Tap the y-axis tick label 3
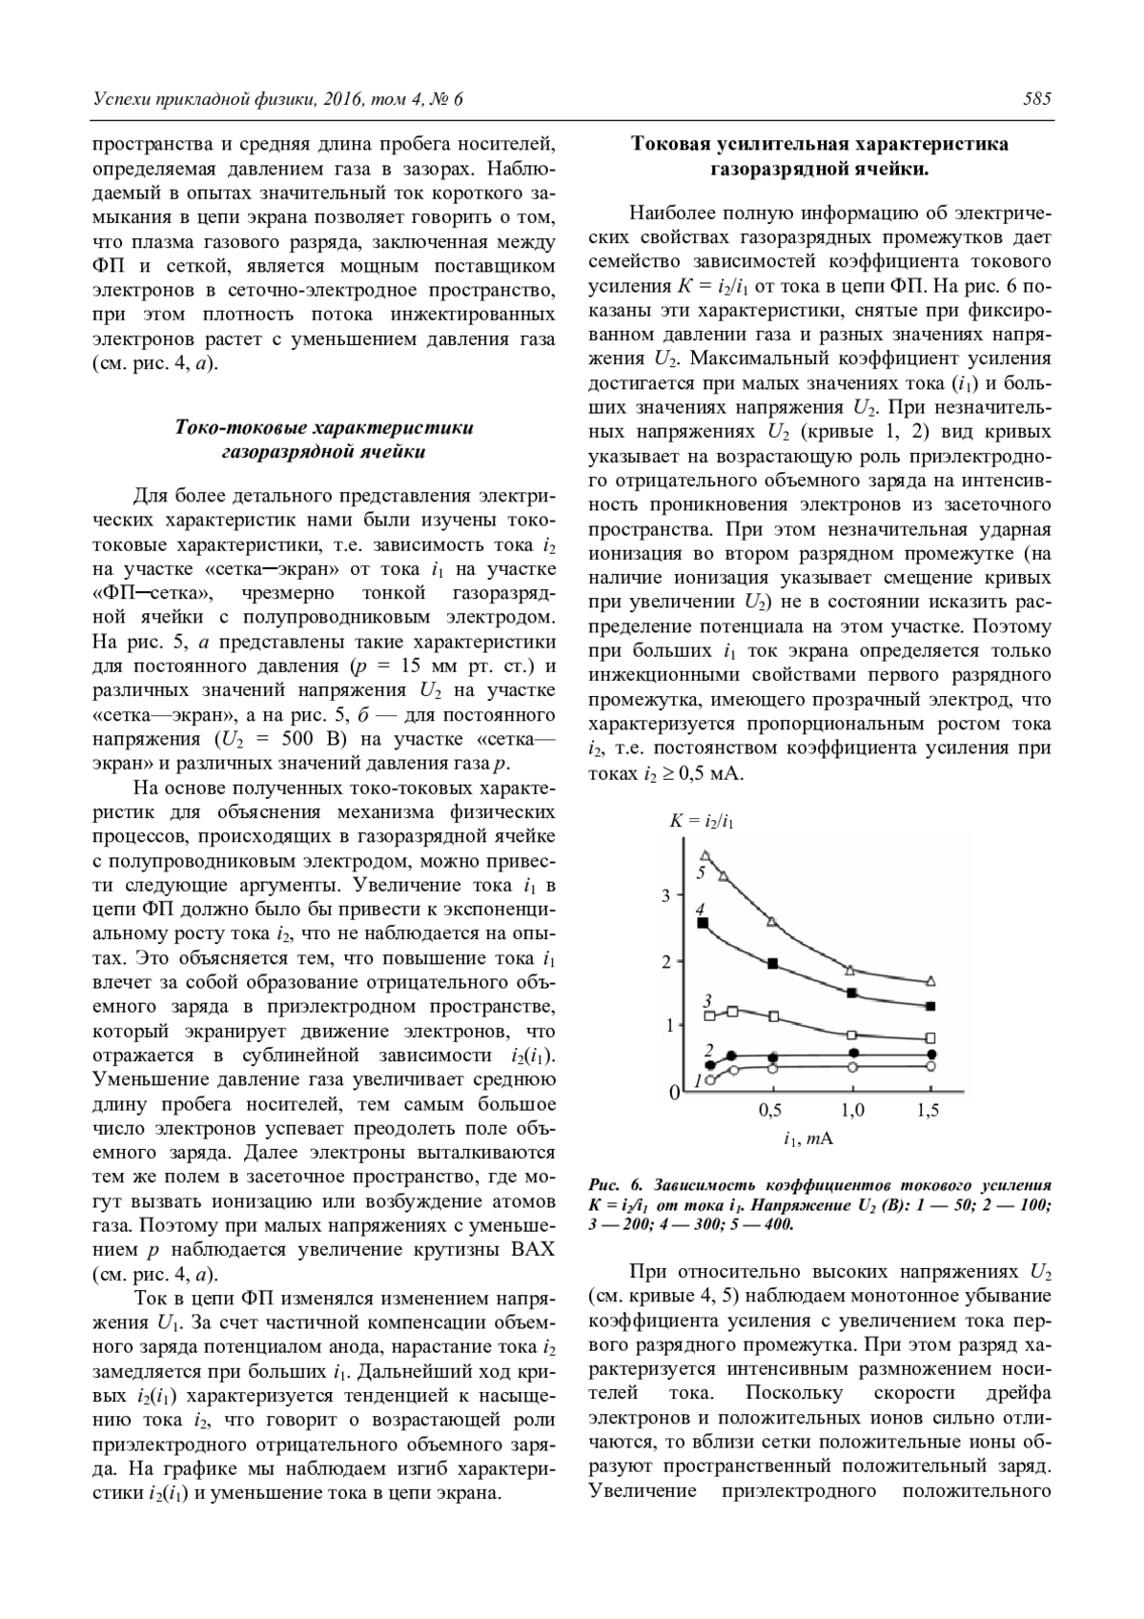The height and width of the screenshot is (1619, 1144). pyautogui.click(x=666, y=895)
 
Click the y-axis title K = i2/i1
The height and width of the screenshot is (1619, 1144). pyautogui.click(x=702, y=820)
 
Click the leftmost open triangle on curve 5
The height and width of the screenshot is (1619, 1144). pyautogui.click(x=705, y=855)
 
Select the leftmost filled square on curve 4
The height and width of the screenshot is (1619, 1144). pyautogui.click(x=703, y=923)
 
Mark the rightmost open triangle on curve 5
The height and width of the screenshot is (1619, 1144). pyautogui.click(x=931, y=981)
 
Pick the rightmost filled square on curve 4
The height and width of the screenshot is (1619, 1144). pyautogui.click(x=931, y=1006)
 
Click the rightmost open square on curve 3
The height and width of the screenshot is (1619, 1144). pyautogui.click(x=931, y=1037)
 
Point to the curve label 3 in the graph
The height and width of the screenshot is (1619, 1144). pyautogui.click(x=707, y=999)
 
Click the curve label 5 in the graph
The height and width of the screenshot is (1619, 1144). pyautogui.click(x=701, y=871)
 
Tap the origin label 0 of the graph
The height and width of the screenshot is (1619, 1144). pyautogui.click(x=674, y=1093)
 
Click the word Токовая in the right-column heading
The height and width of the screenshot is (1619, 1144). pyautogui.click(x=672, y=145)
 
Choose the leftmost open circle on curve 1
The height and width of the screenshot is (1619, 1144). pyautogui.click(x=710, y=1080)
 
